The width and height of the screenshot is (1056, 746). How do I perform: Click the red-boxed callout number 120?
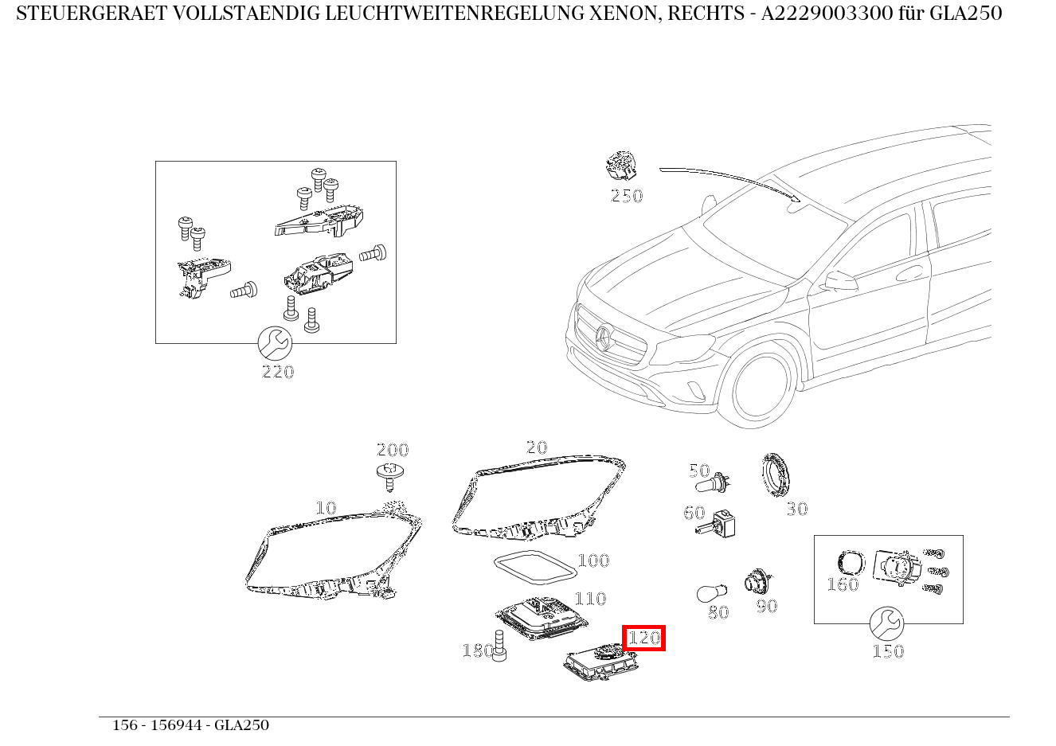[643, 638]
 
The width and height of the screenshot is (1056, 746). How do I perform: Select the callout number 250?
[626, 196]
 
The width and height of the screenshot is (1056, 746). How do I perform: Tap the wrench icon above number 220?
[276, 343]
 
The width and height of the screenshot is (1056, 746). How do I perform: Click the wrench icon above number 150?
[886, 623]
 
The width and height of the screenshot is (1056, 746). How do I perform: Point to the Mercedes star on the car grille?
[603, 339]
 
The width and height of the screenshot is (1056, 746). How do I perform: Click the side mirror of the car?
[840, 281]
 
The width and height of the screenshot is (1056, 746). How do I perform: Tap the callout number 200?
[392, 450]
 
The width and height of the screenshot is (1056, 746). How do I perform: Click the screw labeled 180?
[499, 646]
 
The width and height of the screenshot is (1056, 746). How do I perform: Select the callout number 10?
[326, 507]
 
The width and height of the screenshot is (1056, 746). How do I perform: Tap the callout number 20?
[537, 447]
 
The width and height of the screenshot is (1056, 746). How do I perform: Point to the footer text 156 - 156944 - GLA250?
[190, 725]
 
